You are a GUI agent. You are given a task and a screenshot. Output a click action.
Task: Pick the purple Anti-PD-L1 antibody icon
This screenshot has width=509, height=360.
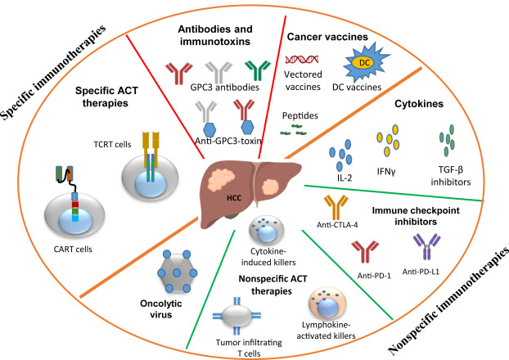424,241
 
